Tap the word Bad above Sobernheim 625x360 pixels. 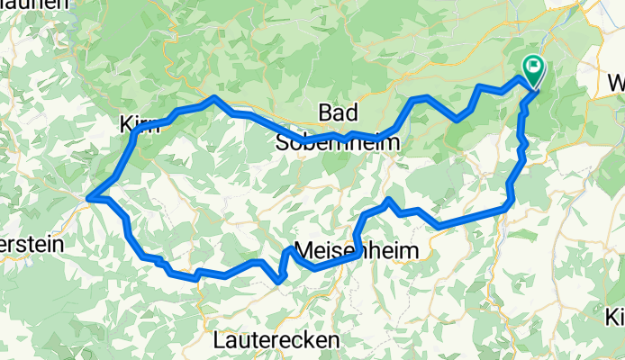point(339,113)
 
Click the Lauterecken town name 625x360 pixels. point(277,340)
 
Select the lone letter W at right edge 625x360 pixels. point(617,83)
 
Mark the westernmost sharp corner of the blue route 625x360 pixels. point(88,197)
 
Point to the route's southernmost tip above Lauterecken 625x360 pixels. point(281,281)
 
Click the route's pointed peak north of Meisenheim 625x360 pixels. point(388,199)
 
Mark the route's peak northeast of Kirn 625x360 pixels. point(214,97)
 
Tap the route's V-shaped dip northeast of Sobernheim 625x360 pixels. point(458,119)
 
